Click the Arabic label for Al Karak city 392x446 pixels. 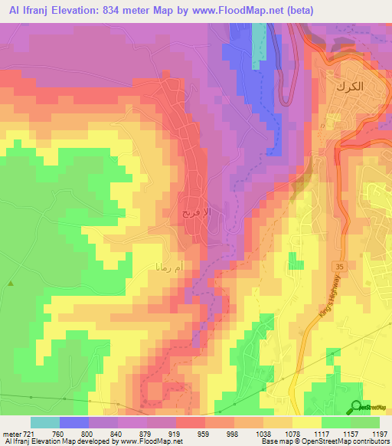click(348, 87)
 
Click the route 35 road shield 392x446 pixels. click(335, 264)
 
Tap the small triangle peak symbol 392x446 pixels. click(11, 283)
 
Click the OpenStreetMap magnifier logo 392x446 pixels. click(357, 407)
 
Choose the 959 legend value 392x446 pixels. click(203, 434)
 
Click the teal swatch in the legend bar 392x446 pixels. click(45, 422)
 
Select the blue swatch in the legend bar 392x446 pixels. click(74, 422)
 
